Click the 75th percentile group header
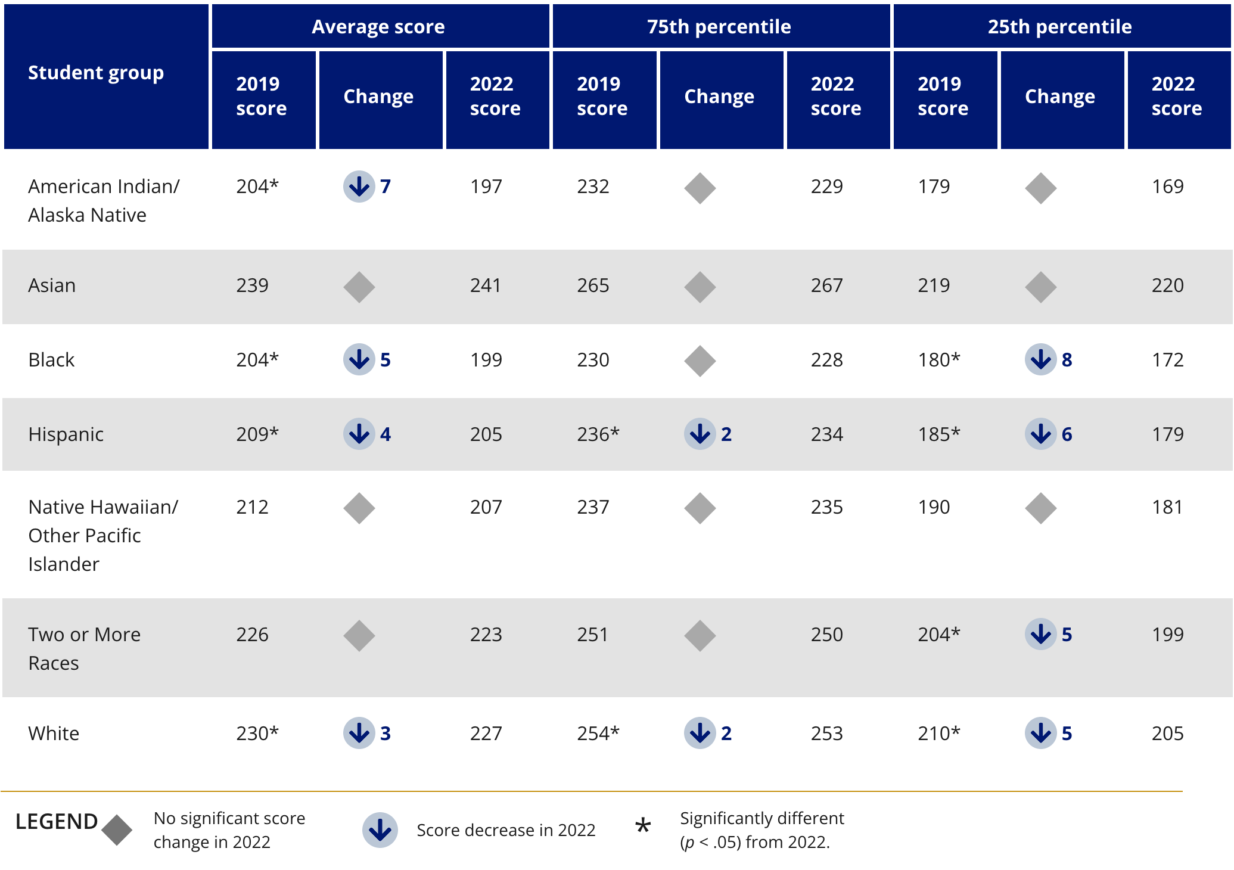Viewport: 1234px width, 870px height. (x=719, y=27)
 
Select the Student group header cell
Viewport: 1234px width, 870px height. (x=96, y=73)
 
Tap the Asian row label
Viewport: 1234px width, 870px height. (x=52, y=285)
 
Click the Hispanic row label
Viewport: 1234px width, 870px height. (x=66, y=434)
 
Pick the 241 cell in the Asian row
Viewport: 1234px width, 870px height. (x=486, y=285)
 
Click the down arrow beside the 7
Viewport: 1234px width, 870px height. (x=359, y=187)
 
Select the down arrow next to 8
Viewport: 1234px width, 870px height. (x=1040, y=359)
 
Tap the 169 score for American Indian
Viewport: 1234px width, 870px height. (x=1167, y=187)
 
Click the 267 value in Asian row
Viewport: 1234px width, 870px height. (x=826, y=285)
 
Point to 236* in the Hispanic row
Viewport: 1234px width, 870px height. (x=598, y=434)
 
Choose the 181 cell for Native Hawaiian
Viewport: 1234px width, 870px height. (x=1167, y=507)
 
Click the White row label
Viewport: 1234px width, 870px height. (x=54, y=734)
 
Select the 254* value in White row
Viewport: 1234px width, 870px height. (x=598, y=734)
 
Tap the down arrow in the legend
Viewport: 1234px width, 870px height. (x=380, y=829)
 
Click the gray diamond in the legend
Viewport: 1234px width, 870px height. (x=117, y=830)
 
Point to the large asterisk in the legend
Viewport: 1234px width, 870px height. (x=643, y=827)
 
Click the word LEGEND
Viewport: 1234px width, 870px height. (x=56, y=822)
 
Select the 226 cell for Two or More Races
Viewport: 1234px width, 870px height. (x=252, y=635)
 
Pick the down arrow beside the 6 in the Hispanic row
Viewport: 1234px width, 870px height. (x=1040, y=434)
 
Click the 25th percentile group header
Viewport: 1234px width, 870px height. (x=1059, y=27)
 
